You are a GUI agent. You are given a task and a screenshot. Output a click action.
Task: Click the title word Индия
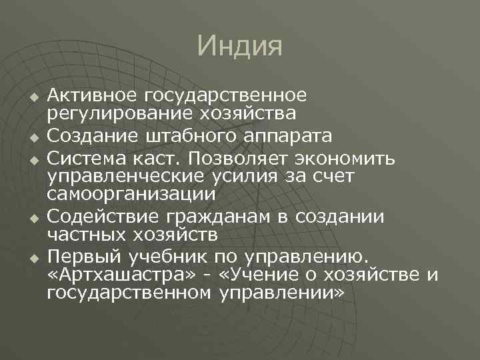pos(240,46)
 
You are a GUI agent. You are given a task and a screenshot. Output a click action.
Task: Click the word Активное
pos(94,97)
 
